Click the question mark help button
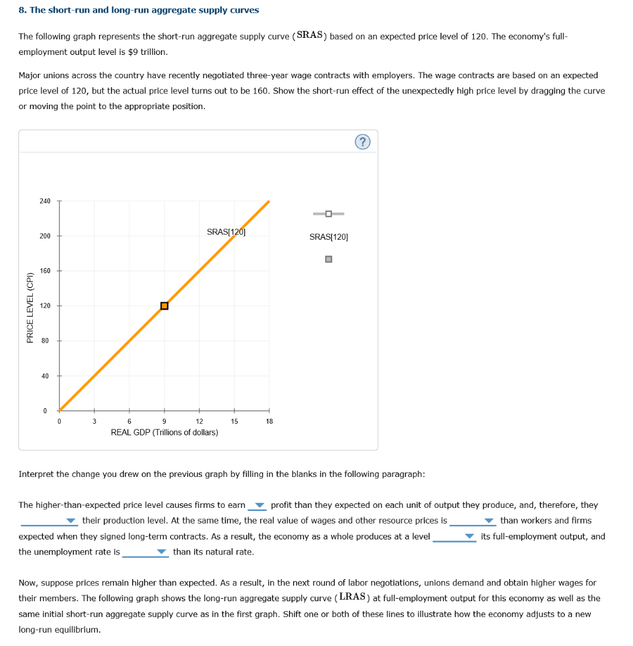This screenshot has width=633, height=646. pyautogui.click(x=362, y=142)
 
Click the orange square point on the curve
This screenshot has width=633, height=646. pyautogui.click(x=164, y=306)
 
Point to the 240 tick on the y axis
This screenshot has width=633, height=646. pyautogui.click(x=45, y=201)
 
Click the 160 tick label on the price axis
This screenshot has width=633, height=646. pyautogui.click(x=45, y=271)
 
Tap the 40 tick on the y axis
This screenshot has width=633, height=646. pyautogui.click(x=45, y=376)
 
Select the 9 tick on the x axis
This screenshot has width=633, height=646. pyautogui.click(x=164, y=421)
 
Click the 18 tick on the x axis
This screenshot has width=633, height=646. pyautogui.click(x=269, y=421)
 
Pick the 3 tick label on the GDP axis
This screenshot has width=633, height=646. pyautogui.click(x=94, y=421)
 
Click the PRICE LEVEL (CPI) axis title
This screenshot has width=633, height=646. pyautogui.click(x=30, y=307)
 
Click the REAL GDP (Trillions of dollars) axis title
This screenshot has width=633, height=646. pyautogui.click(x=164, y=432)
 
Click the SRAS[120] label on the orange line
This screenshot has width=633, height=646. pyautogui.click(x=225, y=232)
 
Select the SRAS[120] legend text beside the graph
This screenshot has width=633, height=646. pyautogui.click(x=328, y=237)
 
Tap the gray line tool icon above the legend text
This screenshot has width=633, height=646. pyautogui.click(x=328, y=214)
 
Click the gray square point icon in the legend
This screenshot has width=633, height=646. pyautogui.click(x=328, y=259)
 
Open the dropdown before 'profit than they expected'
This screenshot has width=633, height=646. pyautogui.click(x=258, y=505)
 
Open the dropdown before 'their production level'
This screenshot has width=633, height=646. pyautogui.click(x=49, y=521)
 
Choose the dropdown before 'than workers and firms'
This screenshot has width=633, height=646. pyautogui.click(x=473, y=521)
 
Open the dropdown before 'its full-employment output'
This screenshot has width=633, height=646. pyautogui.click(x=454, y=537)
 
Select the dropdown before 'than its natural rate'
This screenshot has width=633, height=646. pyautogui.click(x=146, y=552)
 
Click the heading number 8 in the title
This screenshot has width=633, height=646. pyautogui.click(x=21, y=11)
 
